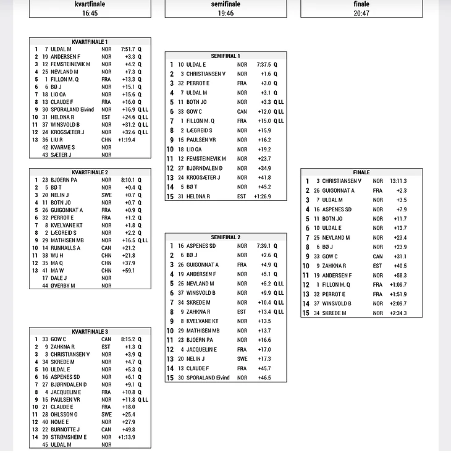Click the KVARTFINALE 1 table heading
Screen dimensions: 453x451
90,41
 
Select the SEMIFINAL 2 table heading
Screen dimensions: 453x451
225,237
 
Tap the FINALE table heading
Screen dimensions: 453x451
361,172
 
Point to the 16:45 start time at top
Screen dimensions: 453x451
90,13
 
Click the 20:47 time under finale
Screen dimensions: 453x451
361,13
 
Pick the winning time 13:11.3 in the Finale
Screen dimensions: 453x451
398,181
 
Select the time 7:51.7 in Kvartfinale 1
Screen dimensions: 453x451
128,49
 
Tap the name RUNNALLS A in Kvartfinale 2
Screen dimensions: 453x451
65,248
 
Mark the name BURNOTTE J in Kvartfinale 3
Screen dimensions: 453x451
65,430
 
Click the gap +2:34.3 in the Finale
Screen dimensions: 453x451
398,313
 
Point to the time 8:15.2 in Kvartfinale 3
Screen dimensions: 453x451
128,339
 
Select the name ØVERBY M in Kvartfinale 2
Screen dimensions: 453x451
63,286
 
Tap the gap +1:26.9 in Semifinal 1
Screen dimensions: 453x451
262,197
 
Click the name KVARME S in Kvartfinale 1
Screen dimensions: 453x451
62,147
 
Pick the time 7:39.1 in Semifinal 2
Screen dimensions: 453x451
263,246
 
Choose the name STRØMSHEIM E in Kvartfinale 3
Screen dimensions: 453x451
68,437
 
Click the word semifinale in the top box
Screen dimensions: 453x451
225,4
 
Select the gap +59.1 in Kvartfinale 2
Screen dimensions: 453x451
129,271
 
